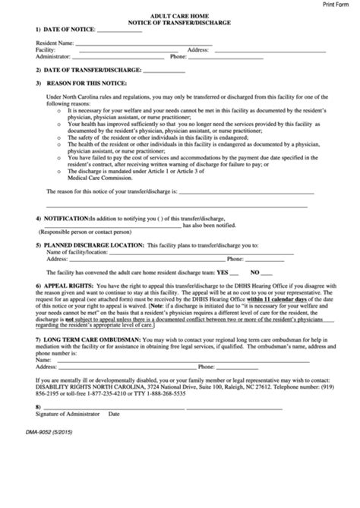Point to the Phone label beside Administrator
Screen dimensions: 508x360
178,56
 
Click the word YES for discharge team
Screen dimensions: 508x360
223,272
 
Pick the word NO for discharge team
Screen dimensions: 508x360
255,272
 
